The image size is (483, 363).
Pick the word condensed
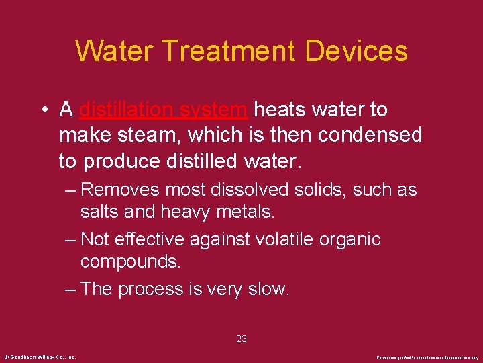click(370, 136)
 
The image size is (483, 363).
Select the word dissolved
click(251, 190)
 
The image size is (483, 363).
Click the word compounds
click(130, 261)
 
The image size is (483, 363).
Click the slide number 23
click(241, 339)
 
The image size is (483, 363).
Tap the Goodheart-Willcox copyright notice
click(40, 356)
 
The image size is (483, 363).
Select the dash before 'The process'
click(69, 289)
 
